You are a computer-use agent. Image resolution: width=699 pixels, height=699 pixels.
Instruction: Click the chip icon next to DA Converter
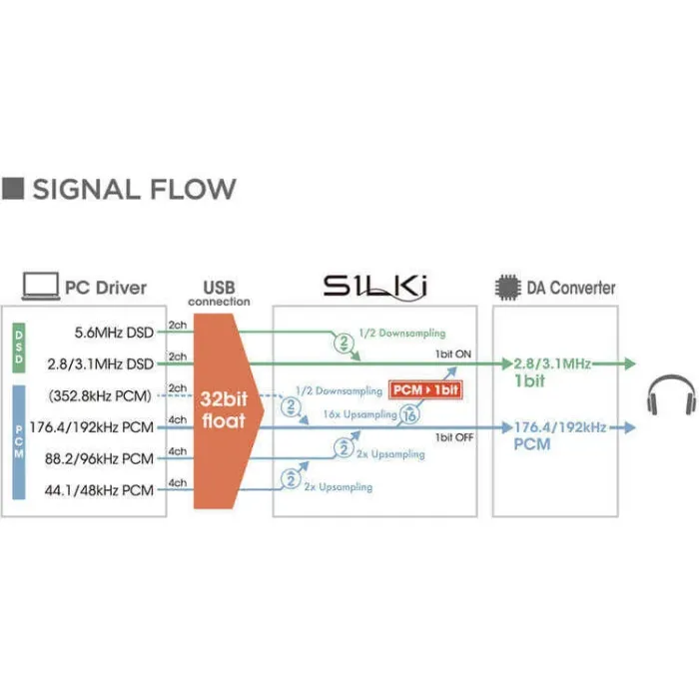(x=508, y=288)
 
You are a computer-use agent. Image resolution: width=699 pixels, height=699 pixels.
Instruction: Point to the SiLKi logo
(x=375, y=288)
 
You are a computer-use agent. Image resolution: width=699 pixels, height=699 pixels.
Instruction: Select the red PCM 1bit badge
(x=425, y=389)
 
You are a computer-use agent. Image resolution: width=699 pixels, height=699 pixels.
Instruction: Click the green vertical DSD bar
(x=19, y=349)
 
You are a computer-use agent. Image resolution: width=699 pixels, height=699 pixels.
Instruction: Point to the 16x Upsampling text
(x=359, y=412)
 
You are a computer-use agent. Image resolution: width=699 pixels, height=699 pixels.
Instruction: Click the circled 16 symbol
(x=407, y=417)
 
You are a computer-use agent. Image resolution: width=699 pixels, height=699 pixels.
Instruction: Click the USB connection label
(x=219, y=294)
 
